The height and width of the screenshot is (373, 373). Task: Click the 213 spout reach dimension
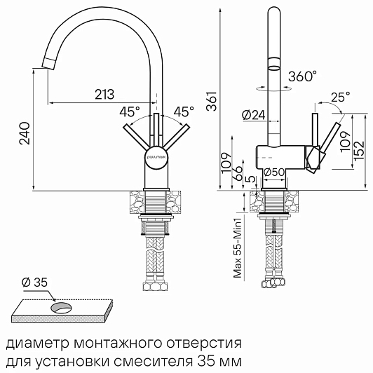104,94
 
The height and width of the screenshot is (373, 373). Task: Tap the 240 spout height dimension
25,133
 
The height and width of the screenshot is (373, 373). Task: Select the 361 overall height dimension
212,101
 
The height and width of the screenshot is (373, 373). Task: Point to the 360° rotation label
303,76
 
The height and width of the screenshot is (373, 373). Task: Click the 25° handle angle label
341,97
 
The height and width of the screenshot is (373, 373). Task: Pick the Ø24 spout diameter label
253,116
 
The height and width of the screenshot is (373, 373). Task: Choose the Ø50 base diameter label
274,172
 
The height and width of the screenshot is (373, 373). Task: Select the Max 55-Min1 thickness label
238,247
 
